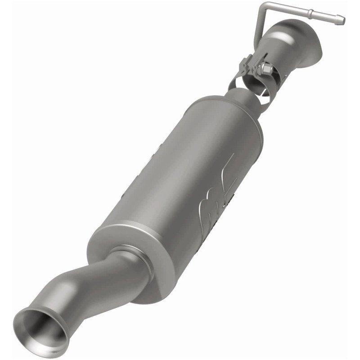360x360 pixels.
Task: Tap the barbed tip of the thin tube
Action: point(340,20)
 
